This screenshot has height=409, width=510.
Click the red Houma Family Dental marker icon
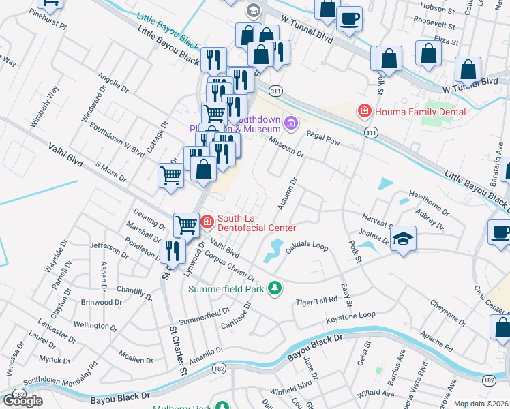click(365, 111)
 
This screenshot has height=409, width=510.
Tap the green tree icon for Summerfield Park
click(275, 288)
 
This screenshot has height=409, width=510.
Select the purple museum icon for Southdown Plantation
click(292, 123)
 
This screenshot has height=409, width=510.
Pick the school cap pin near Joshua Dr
click(404, 238)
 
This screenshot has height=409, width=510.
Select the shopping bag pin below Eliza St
click(428, 55)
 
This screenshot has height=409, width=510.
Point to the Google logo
click(22, 400)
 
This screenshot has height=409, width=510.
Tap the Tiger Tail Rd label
click(316, 301)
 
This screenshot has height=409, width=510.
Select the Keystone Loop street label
click(350, 316)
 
